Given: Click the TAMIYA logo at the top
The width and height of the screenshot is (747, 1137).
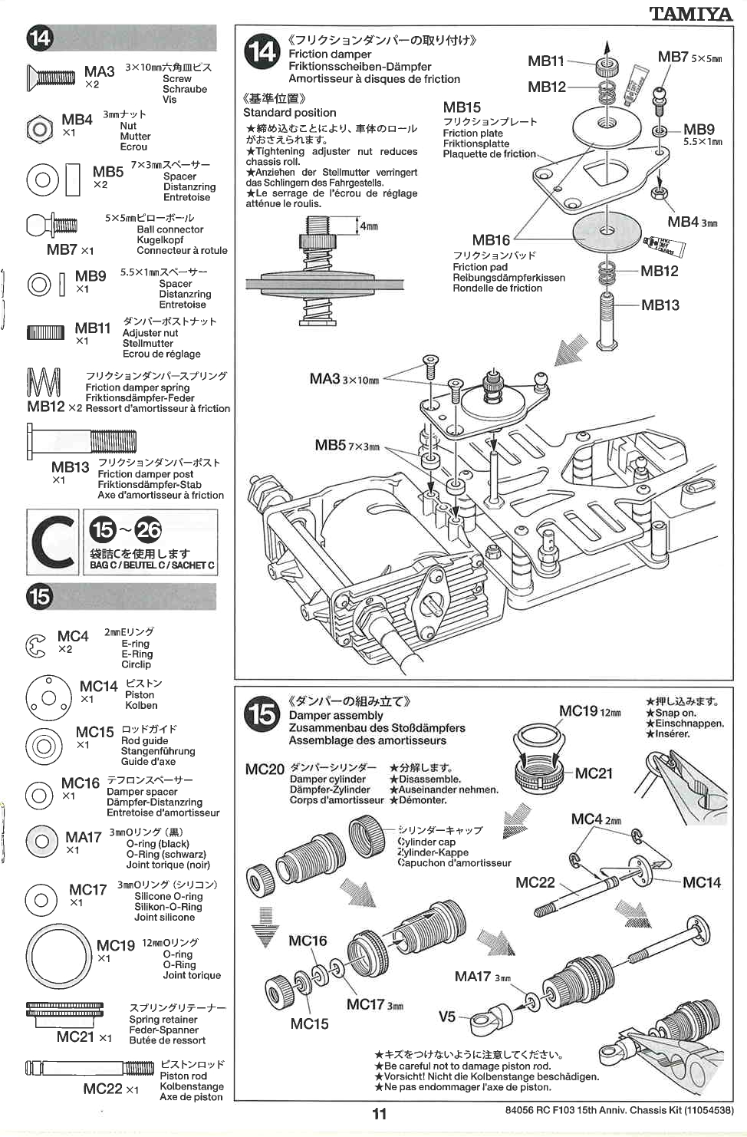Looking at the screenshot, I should pyautogui.click(x=690, y=13).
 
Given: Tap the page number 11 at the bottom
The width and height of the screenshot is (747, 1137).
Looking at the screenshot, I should pyautogui.click(x=379, y=1113).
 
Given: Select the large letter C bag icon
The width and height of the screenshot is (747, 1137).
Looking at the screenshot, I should pyautogui.click(x=52, y=542).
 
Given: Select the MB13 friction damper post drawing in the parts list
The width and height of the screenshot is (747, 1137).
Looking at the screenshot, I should pyautogui.click(x=82, y=441).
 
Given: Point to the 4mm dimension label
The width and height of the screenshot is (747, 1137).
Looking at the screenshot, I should pyautogui.click(x=369, y=226).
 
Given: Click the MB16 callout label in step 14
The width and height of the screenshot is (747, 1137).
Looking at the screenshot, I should pyautogui.click(x=491, y=240).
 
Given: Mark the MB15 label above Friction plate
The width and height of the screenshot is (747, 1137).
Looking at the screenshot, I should pyautogui.click(x=462, y=107).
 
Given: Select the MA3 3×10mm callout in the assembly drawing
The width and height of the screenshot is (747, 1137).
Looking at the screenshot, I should pyautogui.click(x=344, y=379).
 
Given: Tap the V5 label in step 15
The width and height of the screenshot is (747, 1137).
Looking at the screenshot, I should pyautogui.click(x=446, y=1017).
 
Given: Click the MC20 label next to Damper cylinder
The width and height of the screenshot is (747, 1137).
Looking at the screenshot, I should pyautogui.click(x=265, y=769).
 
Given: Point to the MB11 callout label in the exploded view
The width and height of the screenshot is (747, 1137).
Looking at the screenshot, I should pyautogui.click(x=545, y=61).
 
